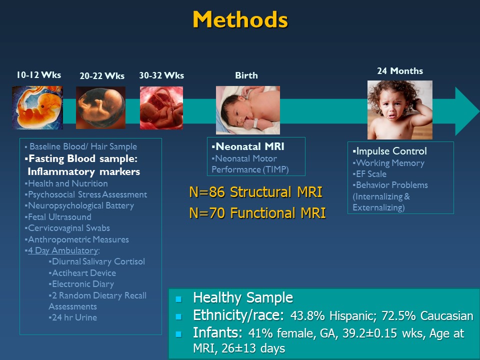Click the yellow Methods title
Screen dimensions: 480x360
pos(240,19)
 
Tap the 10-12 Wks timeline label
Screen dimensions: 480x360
pos(38,75)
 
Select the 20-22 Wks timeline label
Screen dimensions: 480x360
pos(102,76)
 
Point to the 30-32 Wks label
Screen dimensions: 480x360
pos(161,75)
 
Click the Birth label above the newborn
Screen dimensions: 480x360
pos(246,75)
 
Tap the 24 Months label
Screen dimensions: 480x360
pos(400,71)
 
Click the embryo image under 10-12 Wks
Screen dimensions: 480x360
pos(37,107)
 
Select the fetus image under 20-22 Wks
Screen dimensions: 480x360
pos(100,107)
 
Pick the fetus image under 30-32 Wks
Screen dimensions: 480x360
pos(161,108)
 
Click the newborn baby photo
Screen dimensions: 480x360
pos(248,110)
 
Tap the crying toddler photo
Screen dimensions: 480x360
pos(400,110)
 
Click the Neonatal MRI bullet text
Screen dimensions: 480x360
pos(248,146)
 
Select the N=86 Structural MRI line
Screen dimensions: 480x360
pos(255,192)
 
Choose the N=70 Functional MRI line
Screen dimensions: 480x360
pos(257,213)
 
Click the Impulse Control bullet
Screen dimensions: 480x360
pos(389,151)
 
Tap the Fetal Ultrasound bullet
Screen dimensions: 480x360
pos(58,217)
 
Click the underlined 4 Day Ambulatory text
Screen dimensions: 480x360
pos(63,250)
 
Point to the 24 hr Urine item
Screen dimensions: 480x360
pos(73,317)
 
